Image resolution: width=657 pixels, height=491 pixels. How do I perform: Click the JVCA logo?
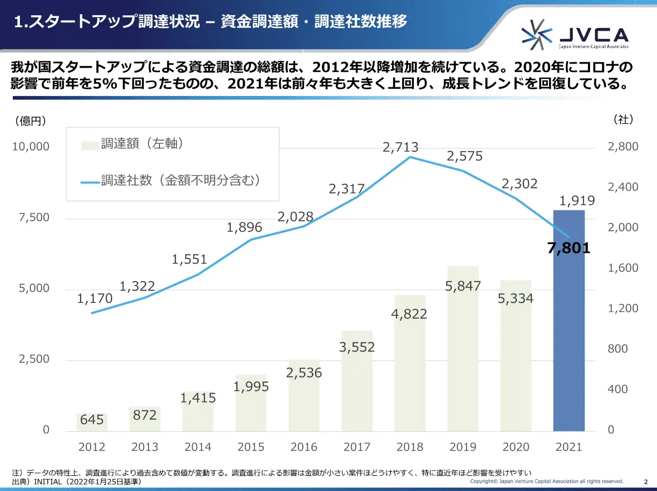click(x=575, y=35)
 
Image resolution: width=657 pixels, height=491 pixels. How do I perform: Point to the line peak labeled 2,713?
click(x=410, y=157)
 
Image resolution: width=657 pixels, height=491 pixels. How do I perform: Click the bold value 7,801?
click(x=569, y=248)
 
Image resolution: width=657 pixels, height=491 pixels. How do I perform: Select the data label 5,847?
click(x=463, y=286)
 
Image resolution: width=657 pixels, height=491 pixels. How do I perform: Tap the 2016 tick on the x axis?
click(x=304, y=447)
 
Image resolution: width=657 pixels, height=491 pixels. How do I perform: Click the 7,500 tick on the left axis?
click(x=34, y=217)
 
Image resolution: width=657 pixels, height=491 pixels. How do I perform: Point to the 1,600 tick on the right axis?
click(x=623, y=268)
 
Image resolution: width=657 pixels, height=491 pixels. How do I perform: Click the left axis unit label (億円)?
click(x=31, y=121)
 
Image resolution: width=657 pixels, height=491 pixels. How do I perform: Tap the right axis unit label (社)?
click(x=623, y=119)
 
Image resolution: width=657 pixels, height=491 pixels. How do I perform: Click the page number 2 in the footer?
click(x=646, y=482)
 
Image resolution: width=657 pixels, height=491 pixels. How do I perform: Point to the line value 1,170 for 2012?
click(x=94, y=298)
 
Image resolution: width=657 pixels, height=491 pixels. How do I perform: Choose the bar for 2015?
click(x=251, y=404)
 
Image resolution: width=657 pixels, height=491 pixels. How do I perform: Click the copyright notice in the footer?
click(x=546, y=481)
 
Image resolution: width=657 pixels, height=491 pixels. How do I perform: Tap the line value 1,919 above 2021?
click(x=577, y=200)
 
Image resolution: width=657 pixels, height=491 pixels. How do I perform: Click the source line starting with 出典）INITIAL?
click(x=76, y=482)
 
